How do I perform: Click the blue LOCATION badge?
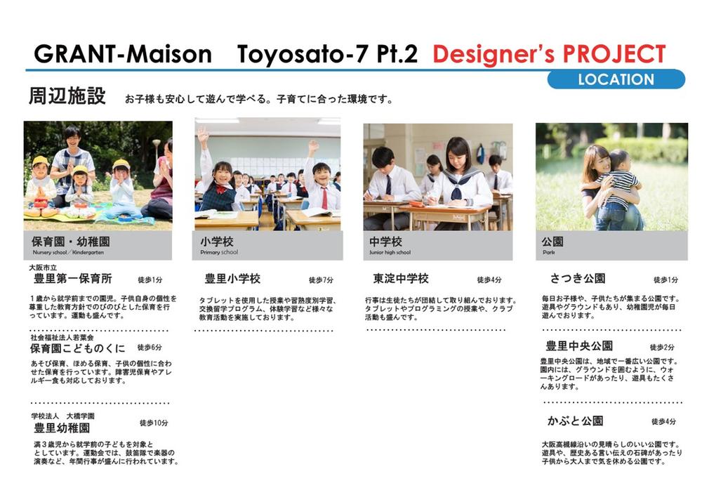point(616,79)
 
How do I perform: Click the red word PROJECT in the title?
point(614,54)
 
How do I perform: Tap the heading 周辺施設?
point(67,96)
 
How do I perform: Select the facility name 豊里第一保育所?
point(73,279)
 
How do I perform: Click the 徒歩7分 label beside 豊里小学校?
point(321,280)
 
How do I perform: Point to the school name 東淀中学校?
point(401,279)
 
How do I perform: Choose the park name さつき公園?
point(578,279)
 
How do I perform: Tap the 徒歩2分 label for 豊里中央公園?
point(662,347)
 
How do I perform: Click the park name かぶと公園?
point(576,421)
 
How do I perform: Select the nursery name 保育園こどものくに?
point(77,348)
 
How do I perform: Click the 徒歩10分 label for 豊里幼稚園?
point(154,423)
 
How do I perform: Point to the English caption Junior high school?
point(390,252)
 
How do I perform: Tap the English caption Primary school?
point(219,252)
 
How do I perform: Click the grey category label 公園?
point(552,242)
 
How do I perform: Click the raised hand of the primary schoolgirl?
point(204,134)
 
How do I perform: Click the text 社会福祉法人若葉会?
point(62,337)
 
